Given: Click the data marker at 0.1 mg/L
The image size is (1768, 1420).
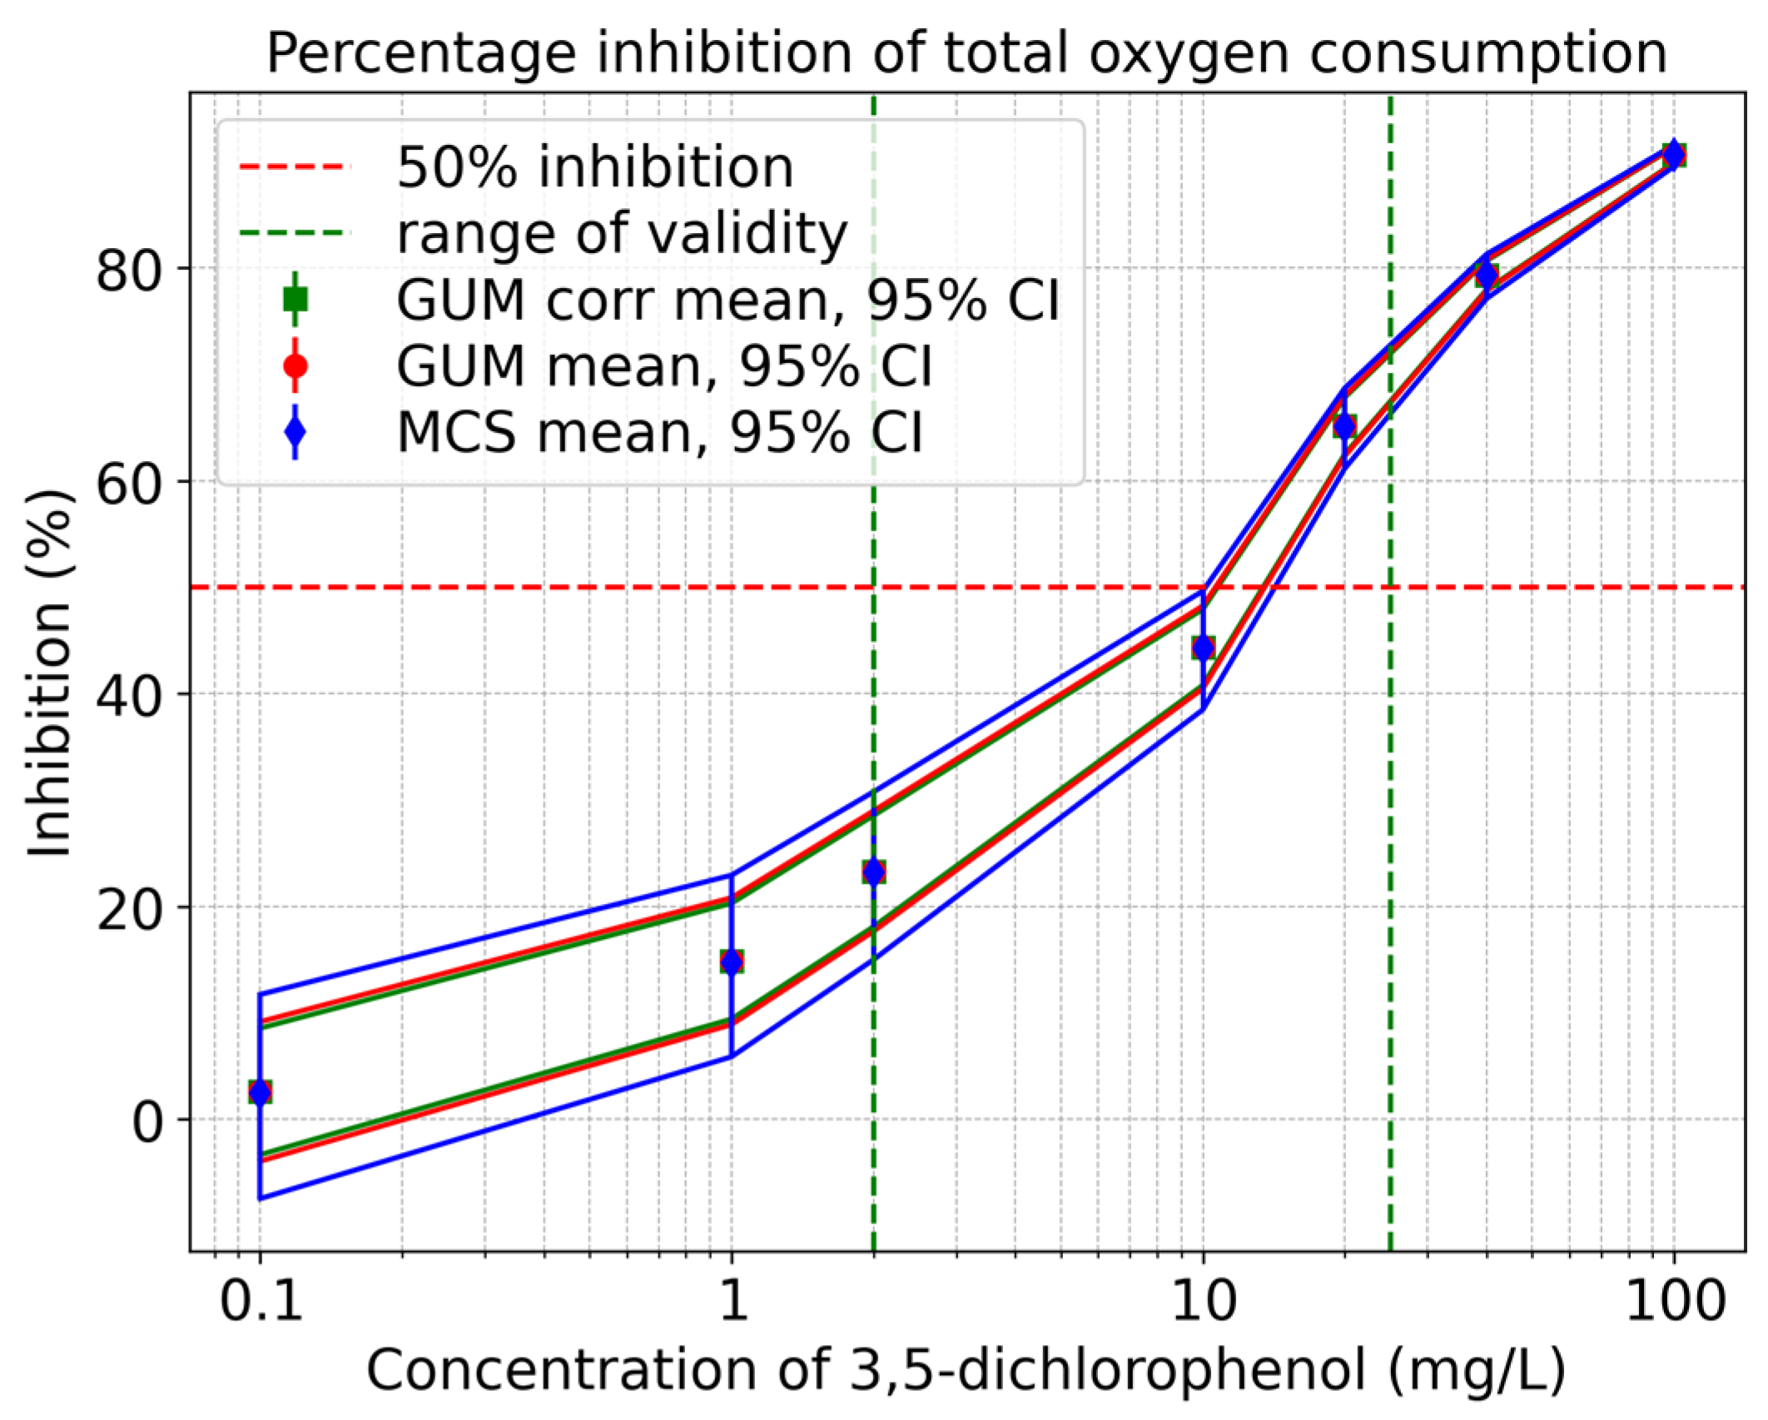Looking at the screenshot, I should click(261, 1091).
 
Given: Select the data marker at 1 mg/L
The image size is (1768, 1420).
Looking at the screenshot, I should click(732, 961).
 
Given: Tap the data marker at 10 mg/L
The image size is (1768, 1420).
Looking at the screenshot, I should click(1203, 647).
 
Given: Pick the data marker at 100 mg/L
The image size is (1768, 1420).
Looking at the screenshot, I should click(1674, 154).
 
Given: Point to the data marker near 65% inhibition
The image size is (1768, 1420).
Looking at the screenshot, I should click(1344, 426).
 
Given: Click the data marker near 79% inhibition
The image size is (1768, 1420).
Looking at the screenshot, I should click(1487, 275).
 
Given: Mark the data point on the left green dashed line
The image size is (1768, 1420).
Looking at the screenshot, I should click(873, 871).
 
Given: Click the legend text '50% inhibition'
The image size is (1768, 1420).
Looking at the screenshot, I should click(595, 167).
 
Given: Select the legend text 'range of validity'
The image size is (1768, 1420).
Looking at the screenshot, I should click(622, 233).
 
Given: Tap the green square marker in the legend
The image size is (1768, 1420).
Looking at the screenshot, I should click(295, 299).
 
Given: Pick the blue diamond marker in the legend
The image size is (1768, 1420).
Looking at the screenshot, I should click(295, 432).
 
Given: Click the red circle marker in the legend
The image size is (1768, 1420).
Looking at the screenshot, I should click(295, 365).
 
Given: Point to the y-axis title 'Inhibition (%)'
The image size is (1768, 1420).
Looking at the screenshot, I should click(50, 673).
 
